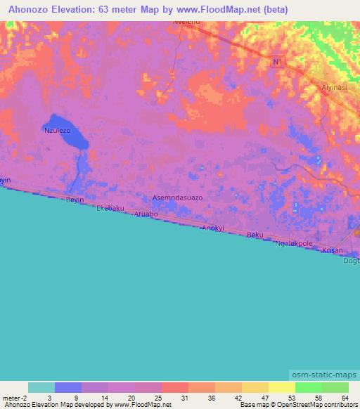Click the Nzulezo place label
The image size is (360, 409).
coord(58,131)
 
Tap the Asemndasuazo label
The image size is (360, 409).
coord(178,197)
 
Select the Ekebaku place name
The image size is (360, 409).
coord(110,208)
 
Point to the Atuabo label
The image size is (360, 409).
coord(146,214)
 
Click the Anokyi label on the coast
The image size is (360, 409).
coord(212,228)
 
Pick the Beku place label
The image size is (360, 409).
coord(255,235)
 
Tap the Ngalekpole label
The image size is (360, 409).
coord(294,243)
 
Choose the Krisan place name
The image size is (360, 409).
coord(332,250)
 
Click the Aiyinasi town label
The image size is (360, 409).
coord(335,89)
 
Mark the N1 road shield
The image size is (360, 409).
coord(278,63)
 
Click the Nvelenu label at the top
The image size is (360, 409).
coord(187,22)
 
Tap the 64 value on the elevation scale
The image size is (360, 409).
coord(345,398)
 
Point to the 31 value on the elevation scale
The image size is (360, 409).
coord(184,398)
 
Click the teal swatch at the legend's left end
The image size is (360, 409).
coord(41,387)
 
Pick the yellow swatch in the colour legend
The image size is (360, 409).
coord(282,387)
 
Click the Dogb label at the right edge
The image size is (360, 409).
coord(351,261)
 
